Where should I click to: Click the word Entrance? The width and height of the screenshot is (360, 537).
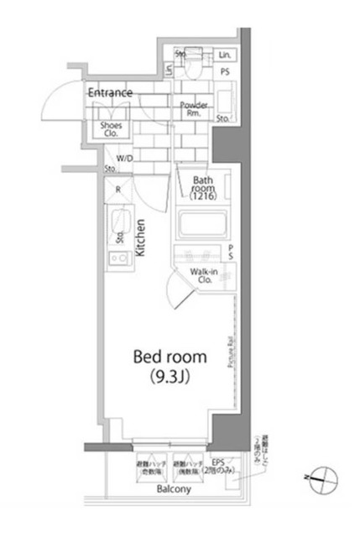(110, 92)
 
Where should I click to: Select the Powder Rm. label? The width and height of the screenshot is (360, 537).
(194, 111)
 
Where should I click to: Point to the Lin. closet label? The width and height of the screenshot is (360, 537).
(225, 55)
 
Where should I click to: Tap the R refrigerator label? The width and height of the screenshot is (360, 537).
(118, 190)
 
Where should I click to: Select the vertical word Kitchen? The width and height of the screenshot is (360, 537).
(142, 237)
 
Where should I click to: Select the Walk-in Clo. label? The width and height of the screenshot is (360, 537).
(204, 276)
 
